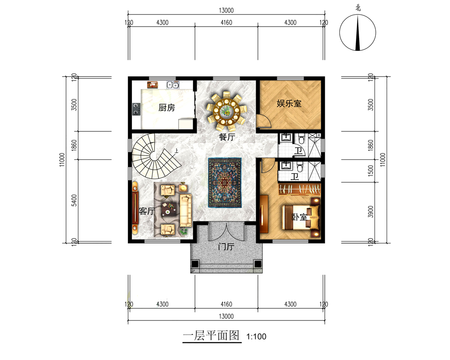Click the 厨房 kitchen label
pos(166,108)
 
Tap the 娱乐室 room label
pos(289,103)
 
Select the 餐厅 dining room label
pos(227,137)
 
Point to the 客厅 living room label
pos(147,211)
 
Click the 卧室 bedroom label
pos(300,217)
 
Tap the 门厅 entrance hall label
pos(226,247)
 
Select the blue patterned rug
pos(225,183)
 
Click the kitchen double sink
pos(173,85)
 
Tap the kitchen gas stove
pos(136,109)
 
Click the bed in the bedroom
pos(301,217)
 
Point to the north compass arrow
pos(358,33)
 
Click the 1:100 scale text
pos(256,337)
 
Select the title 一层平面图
pos(211,335)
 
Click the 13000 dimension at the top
pos(226,11)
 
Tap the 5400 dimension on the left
pos(74,200)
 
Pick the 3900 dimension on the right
pos(371,211)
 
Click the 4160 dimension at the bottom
pos(226,304)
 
